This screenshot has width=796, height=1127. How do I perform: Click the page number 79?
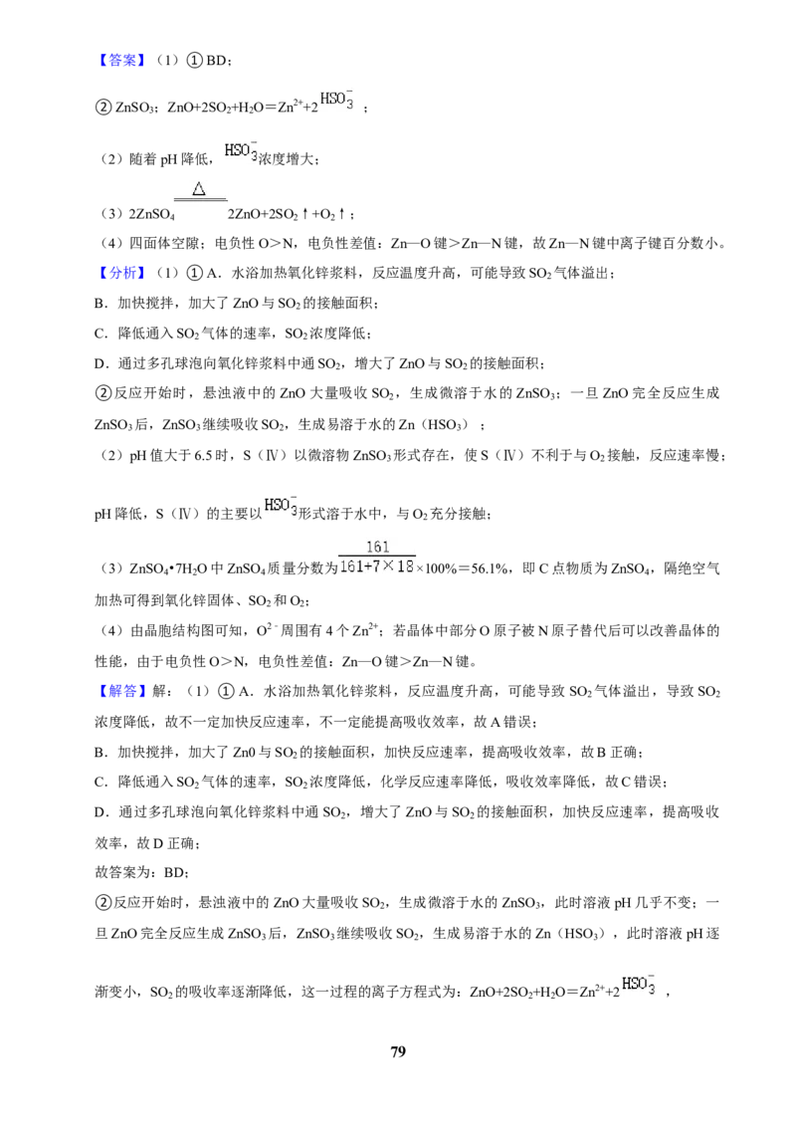click(398, 1051)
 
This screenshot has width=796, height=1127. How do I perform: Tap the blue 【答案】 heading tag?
click(120, 61)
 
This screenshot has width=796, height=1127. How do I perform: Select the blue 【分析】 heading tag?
click(120, 273)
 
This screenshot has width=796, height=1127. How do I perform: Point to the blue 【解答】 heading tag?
click(120, 692)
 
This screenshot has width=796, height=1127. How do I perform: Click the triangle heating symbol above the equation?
click(200, 189)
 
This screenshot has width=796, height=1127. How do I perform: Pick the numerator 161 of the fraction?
click(377, 547)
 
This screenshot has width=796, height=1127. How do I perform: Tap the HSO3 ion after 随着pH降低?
click(241, 151)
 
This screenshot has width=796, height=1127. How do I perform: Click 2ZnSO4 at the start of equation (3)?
click(151, 214)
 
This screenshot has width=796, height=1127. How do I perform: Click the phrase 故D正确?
click(165, 843)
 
